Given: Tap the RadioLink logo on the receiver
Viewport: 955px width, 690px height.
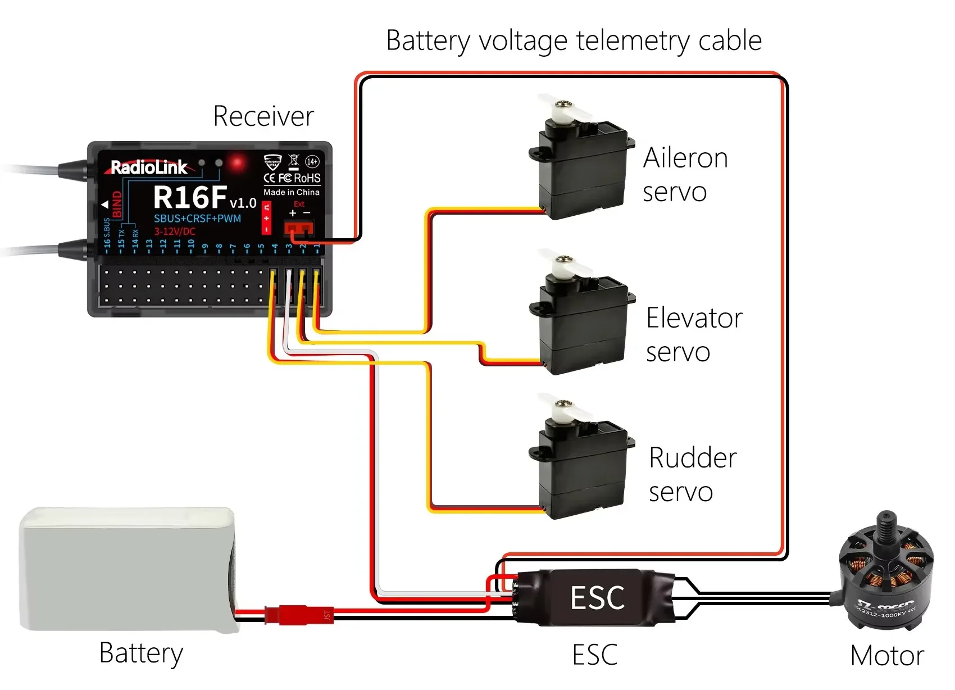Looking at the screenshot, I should (149, 167).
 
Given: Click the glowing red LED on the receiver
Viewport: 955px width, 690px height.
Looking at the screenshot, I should (237, 164).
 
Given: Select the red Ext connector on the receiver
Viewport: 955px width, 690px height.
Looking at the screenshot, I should (298, 228).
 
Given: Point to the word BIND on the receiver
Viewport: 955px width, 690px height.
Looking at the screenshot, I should (117, 205).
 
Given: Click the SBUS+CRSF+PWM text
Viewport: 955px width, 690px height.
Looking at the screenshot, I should (197, 219).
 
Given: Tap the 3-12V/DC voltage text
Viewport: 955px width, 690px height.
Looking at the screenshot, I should (175, 231).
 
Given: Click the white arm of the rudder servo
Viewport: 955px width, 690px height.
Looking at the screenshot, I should (564, 408).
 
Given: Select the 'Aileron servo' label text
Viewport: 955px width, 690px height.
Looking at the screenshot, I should (685, 175).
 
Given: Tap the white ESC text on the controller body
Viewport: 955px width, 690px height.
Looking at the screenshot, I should (597, 597).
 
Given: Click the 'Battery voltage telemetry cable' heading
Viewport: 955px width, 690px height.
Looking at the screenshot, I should (574, 40).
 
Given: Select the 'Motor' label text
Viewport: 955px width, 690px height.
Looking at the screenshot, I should (886, 656).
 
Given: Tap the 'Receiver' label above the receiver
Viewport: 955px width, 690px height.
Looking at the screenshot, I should (263, 116).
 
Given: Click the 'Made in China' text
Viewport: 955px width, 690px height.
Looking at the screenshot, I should (292, 192).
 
